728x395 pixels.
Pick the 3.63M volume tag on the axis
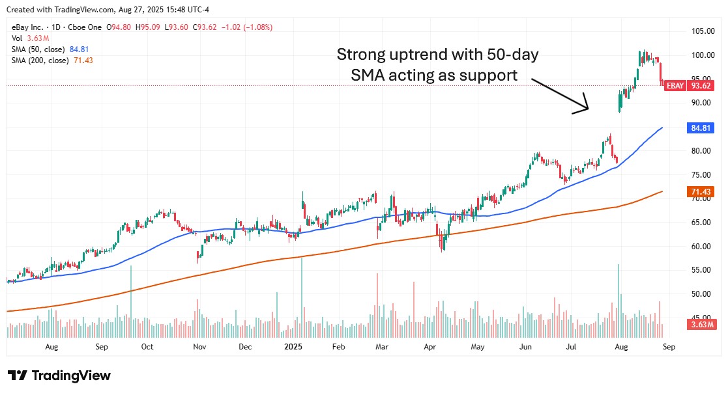pyautogui.click(x=702, y=324)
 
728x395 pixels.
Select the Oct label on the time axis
pyautogui.click(x=147, y=347)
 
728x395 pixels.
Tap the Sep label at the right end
pyautogui.click(x=668, y=347)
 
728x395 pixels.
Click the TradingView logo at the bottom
pyautogui.click(x=59, y=375)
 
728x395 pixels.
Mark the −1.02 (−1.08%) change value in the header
pyautogui.click(x=248, y=27)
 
